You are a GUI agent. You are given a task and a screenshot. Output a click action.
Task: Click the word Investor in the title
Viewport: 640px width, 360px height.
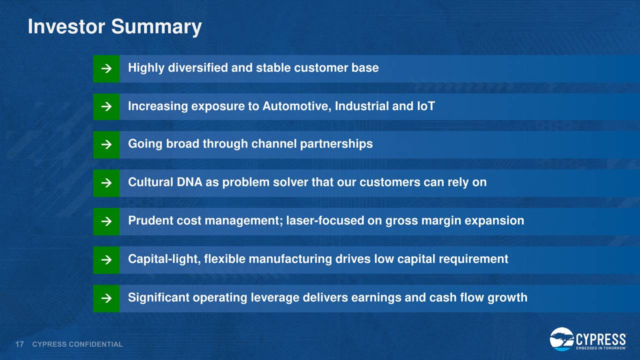[x=66, y=26]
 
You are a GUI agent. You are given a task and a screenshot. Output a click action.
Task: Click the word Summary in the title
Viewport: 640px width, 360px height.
[x=156, y=27]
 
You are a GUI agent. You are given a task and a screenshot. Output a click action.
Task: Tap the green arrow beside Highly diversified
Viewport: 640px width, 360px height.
[x=106, y=68]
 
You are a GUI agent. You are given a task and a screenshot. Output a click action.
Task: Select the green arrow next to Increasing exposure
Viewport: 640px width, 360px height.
[x=106, y=106]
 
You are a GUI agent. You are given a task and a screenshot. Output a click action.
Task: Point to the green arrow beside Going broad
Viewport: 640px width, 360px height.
[x=106, y=144]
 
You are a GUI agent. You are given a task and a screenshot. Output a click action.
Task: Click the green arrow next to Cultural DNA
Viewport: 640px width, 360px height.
[x=106, y=183]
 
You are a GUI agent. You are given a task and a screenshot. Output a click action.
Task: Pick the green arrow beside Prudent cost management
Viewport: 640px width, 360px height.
[x=106, y=221]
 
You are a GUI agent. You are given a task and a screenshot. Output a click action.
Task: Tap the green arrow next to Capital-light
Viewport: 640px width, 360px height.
[x=106, y=260]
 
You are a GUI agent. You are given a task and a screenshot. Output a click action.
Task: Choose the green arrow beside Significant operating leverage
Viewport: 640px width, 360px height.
[x=106, y=298]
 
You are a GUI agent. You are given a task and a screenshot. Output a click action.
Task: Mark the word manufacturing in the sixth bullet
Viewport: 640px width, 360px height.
[x=290, y=259]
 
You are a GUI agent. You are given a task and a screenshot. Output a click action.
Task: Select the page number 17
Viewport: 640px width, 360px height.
[x=19, y=344]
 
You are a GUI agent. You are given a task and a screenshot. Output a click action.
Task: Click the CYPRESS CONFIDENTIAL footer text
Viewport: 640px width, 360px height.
[x=77, y=344]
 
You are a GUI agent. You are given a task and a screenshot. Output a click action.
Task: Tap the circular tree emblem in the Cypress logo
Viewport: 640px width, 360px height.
[x=561, y=339]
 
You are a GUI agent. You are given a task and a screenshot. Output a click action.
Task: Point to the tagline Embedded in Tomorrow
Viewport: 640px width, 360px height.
[x=601, y=348]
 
